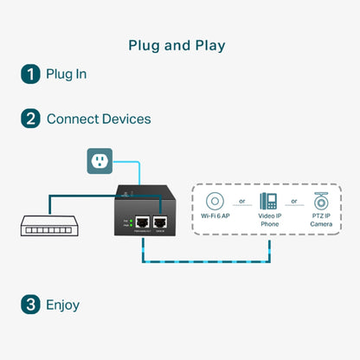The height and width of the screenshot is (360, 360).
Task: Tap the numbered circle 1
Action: point(30,74)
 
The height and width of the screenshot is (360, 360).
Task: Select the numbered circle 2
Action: point(30,119)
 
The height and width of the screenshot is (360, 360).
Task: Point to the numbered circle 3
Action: point(30,305)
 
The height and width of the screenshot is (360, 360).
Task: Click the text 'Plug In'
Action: point(67,74)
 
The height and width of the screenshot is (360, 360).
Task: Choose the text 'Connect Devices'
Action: point(99,119)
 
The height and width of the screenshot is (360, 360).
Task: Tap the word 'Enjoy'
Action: point(63,305)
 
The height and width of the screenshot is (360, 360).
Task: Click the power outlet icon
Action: point(100,161)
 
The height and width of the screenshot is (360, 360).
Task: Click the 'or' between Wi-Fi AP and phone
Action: point(241,202)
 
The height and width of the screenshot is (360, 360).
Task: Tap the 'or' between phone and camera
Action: point(296,202)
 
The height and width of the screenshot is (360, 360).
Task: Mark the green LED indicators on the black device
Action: point(130,223)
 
